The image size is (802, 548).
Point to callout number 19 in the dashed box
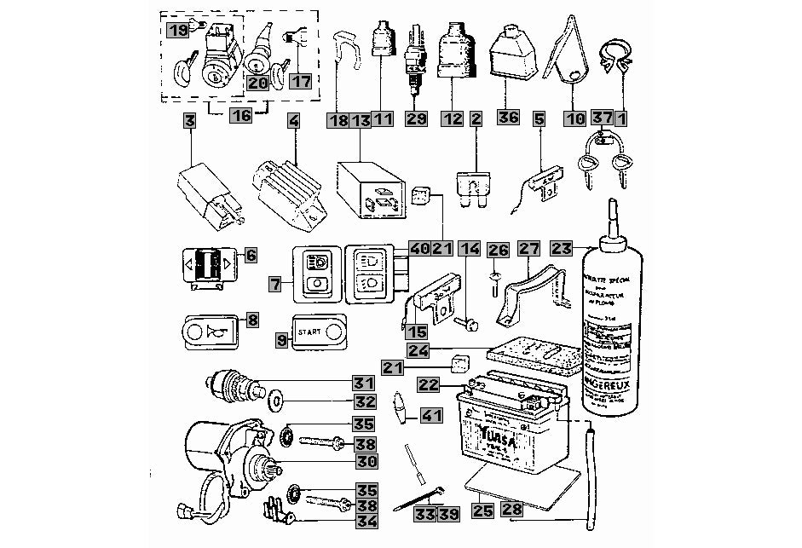coord(178,31)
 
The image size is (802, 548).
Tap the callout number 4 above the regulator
coord(294,120)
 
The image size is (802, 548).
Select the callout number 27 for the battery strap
coord(529,248)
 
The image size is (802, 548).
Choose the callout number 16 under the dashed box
coord(242,115)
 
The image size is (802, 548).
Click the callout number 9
coord(281,338)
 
